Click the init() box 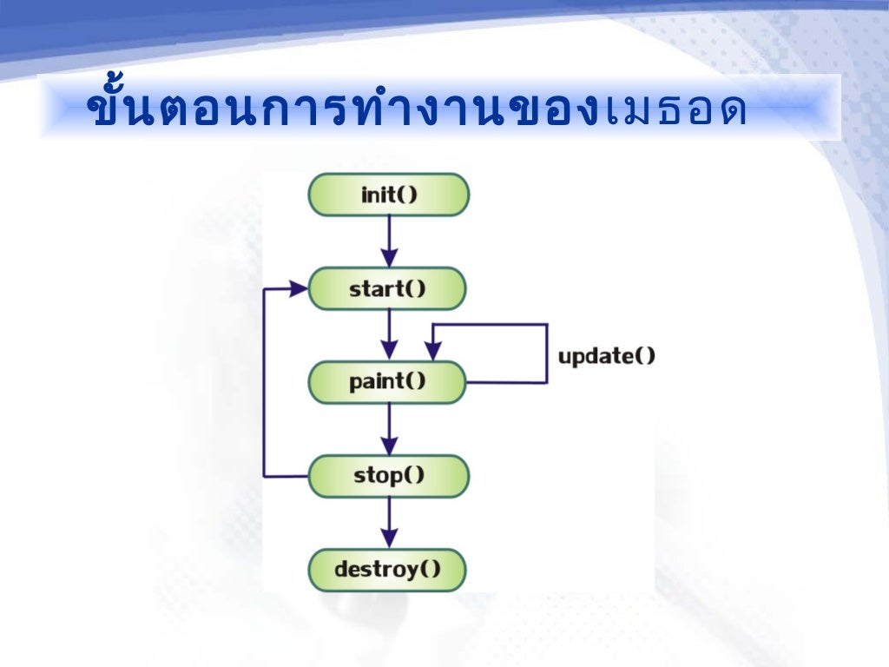coord(388,195)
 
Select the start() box coord(388,288)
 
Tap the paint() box coord(388,382)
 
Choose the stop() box coord(388,476)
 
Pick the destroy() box coord(388,570)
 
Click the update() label coord(606,355)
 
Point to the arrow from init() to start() coord(390,241)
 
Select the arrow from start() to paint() coord(390,334)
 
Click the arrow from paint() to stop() coord(390,428)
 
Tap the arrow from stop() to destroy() coord(390,522)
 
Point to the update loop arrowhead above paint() coord(432,351)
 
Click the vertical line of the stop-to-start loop coord(264,382)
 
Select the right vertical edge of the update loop coord(547,353)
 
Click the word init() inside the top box coord(389,195)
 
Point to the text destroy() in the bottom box coord(388,570)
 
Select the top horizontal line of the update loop coord(490,325)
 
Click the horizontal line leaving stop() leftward coord(286,476)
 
